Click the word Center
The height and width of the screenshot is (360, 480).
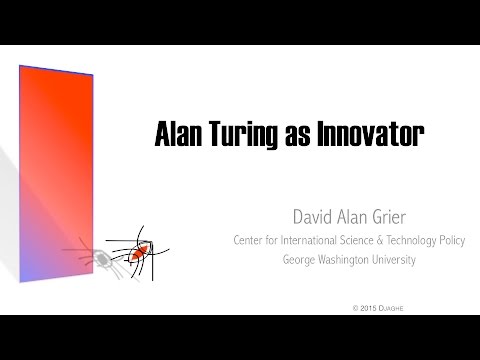tap(250, 241)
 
